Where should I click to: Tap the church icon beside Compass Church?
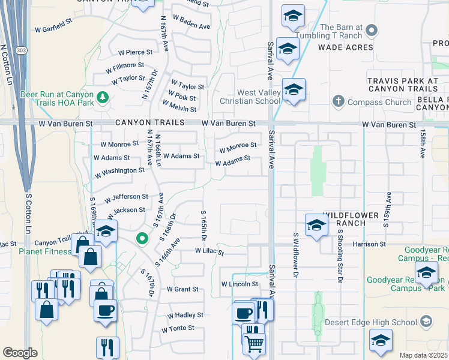[x=338, y=102]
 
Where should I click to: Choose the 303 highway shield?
[x=22, y=50]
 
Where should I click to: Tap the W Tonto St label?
[x=178, y=328]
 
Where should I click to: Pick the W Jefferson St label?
[x=126, y=197]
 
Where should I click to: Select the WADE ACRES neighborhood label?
[x=345, y=47]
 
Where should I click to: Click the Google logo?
[x=20, y=353]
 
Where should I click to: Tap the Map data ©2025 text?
[x=423, y=355]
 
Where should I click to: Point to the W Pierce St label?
[x=135, y=52]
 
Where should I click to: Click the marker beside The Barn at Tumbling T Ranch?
[x=372, y=29]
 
